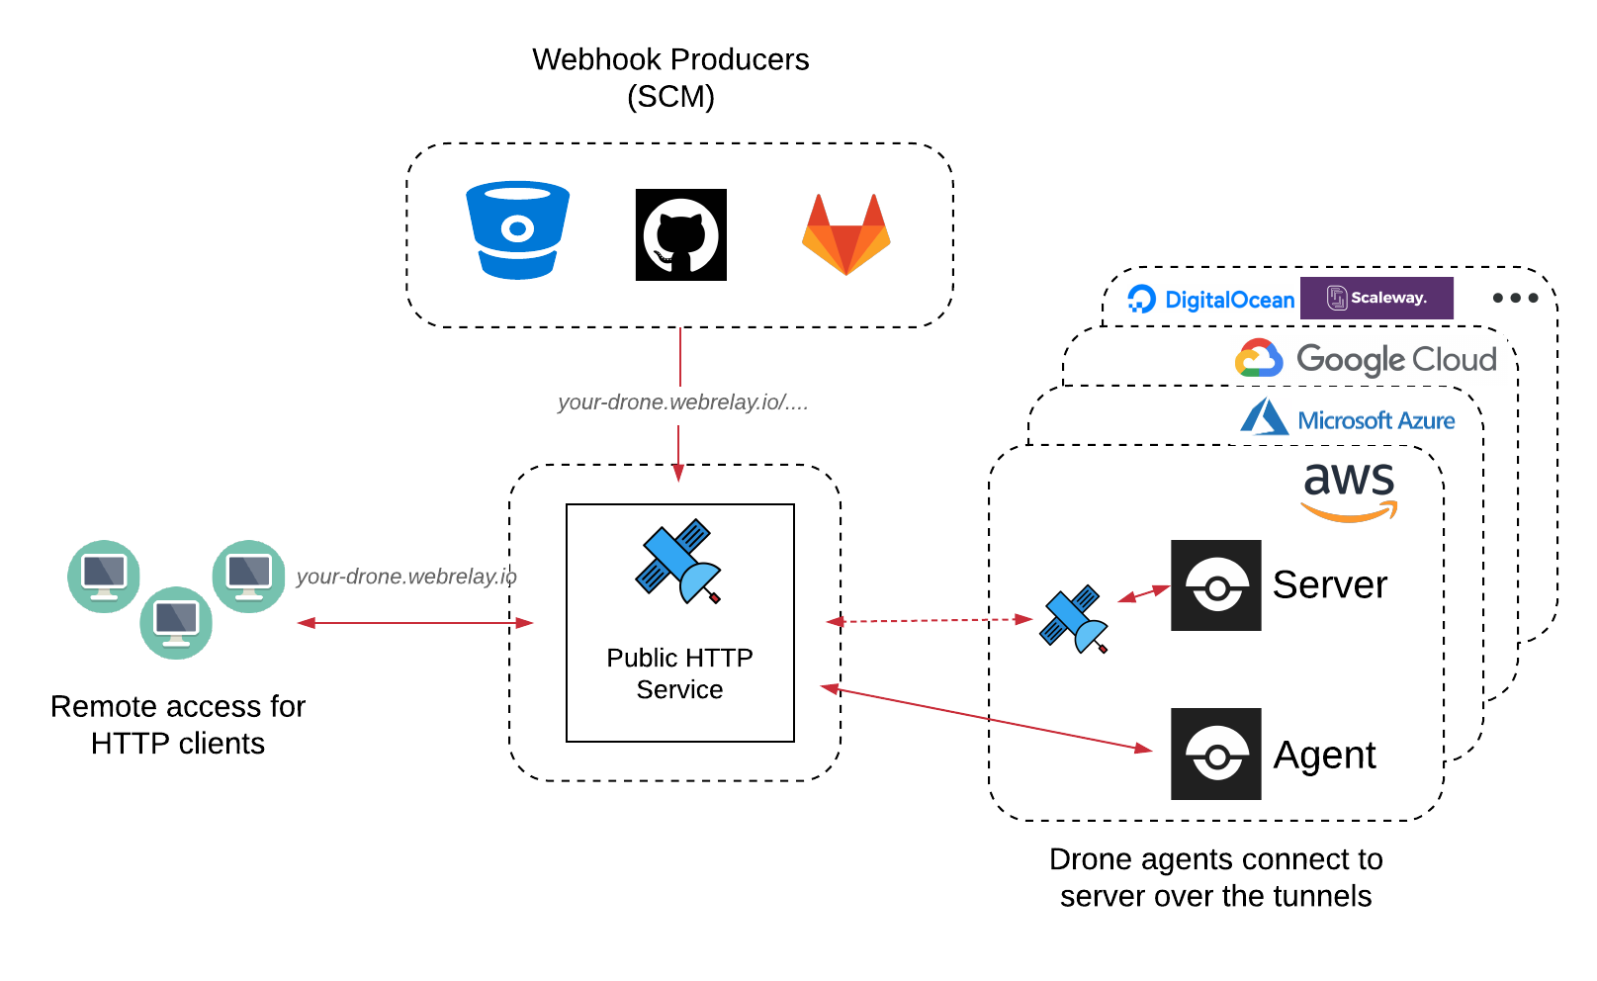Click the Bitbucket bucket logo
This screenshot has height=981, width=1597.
517,230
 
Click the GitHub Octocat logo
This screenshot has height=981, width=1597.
680,235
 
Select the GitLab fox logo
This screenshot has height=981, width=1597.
846,235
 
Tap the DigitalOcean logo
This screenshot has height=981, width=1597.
1210,300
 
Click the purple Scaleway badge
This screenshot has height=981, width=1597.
1376,298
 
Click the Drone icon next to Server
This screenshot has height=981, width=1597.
1215,585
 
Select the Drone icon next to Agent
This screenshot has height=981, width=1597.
1215,755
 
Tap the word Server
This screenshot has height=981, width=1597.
1329,585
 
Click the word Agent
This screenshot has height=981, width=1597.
1324,756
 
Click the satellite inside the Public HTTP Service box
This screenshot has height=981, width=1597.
678,561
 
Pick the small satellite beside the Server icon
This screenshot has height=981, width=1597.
1073,619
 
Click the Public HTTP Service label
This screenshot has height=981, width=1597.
679,673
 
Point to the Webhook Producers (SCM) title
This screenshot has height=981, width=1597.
670,77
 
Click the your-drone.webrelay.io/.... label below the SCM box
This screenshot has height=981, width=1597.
682,402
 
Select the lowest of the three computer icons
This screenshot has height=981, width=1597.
176,623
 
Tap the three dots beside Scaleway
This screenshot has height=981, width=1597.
1515,298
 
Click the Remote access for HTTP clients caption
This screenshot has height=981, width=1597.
178,724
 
